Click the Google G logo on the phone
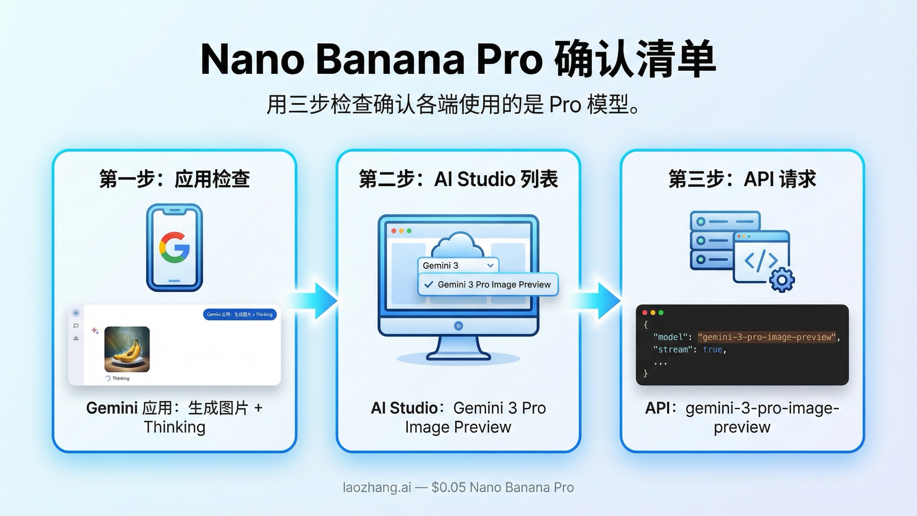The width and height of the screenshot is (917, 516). pos(174,248)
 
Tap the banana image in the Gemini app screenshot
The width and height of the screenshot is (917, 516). pos(127,349)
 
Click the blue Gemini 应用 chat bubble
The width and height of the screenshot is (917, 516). pos(240,314)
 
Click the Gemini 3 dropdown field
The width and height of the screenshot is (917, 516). pos(458,265)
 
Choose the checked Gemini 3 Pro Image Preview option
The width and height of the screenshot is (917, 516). pos(488,284)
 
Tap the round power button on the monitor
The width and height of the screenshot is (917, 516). pos(458,326)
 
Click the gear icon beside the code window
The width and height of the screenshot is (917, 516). pos(782,280)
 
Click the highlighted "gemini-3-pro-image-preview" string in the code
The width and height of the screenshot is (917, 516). pos(766,337)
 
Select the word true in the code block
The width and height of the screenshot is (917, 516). pos(712,349)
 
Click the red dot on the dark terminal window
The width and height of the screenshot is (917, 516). pos(645,313)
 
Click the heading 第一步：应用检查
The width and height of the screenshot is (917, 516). pos(174,179)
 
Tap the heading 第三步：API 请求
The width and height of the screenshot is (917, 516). pos(742,179)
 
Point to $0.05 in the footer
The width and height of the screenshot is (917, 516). pos(449,487)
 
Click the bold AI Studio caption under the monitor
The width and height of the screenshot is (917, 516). pos(404,408)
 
